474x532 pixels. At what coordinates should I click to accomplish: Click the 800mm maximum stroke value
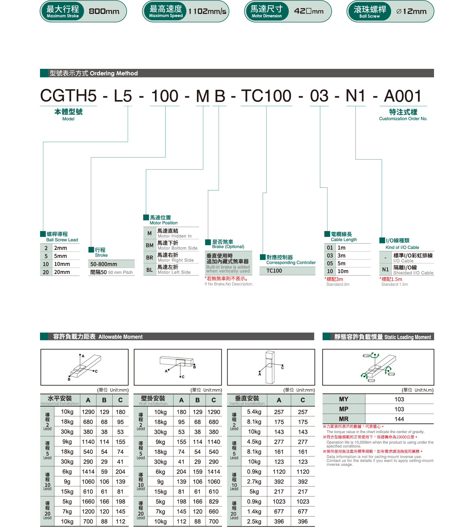tap(104, 11)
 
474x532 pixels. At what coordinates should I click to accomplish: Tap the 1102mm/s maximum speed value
tap(207, 11)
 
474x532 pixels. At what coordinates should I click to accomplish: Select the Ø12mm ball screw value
tap(411, 11)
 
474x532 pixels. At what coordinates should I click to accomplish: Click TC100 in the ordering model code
tap(266, 96)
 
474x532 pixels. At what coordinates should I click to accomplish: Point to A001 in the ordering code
tap(403, 96)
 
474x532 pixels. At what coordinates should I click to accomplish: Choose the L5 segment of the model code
tap(123, 96)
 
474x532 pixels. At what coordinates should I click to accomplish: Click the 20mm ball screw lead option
tap(62, 272)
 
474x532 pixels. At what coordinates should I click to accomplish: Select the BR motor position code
tap(149, 258)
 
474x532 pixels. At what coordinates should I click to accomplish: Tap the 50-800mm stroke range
tap(104, 264)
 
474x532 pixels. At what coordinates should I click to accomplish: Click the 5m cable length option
tap(341, 263)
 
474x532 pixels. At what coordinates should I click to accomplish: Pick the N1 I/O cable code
tap(385, 270)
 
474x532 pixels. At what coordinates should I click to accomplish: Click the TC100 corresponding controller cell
tap(274, 271)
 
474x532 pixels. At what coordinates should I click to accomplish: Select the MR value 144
tap(399, 419)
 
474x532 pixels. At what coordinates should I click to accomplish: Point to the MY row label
tap(343, 399)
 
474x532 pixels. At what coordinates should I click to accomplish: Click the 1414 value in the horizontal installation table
tap(88, 472)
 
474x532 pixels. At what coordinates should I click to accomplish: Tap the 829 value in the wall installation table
tap(213, 502)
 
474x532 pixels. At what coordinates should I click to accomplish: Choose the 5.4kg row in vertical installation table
tap(254, 412)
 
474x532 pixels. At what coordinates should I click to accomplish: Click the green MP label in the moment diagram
tap(392, 374)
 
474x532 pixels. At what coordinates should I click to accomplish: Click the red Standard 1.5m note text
tap(391, 279)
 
